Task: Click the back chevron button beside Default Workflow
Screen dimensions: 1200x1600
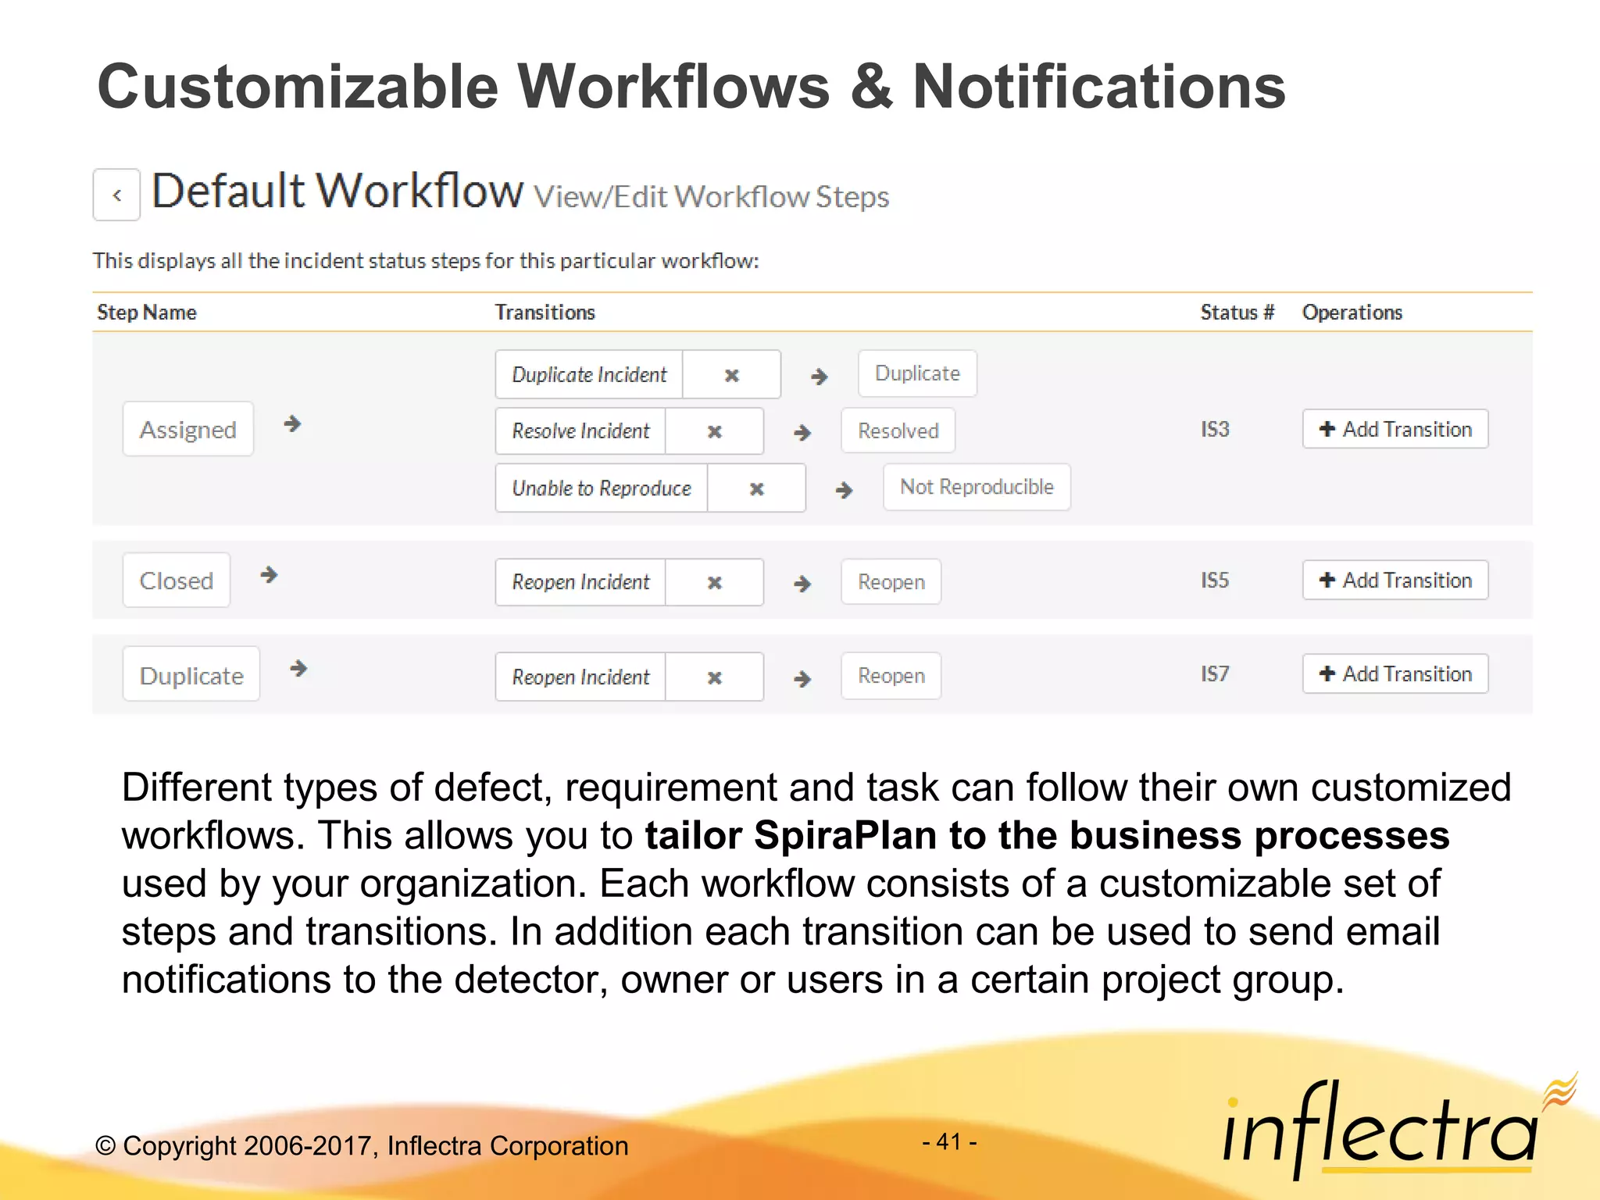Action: coord(116,195)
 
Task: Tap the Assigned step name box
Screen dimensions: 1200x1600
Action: coord(187,429)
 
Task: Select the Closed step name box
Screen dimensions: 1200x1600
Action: coord(176,580)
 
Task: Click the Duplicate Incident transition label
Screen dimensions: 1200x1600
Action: coord(589,374)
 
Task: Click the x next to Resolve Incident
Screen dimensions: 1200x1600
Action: coord(714,431)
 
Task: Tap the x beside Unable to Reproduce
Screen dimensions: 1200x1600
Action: coord(756,488)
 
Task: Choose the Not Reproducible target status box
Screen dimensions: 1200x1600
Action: coord(977,487)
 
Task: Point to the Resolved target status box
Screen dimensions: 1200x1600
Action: coord(898,430)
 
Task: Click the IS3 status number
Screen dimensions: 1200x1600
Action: coord(1215,429)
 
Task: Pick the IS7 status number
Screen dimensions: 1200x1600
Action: coord(1215,673)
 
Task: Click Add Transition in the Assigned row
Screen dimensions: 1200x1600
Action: coord(1395,429)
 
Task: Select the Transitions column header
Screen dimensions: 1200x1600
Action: coord(545,312)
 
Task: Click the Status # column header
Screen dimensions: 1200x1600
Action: coord(1237,312)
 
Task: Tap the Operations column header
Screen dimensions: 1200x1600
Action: coord(1352,312)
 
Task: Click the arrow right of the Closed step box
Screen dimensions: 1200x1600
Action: coord(269,575)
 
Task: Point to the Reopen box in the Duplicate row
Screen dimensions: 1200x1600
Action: coord(891,676)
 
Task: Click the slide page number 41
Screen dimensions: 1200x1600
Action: coord(949,1142)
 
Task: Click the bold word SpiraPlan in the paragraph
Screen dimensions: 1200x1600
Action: coord(845,835)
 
